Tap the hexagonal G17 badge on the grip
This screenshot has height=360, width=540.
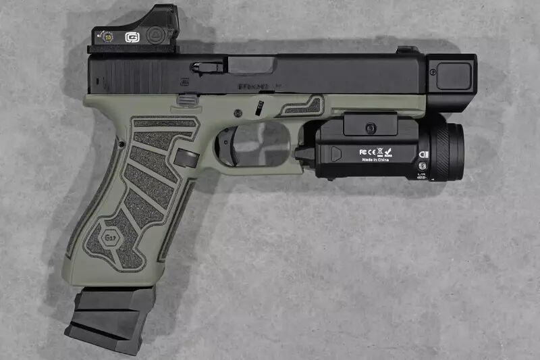tap(109, 238)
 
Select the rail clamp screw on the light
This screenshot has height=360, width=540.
tap(369, 127)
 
